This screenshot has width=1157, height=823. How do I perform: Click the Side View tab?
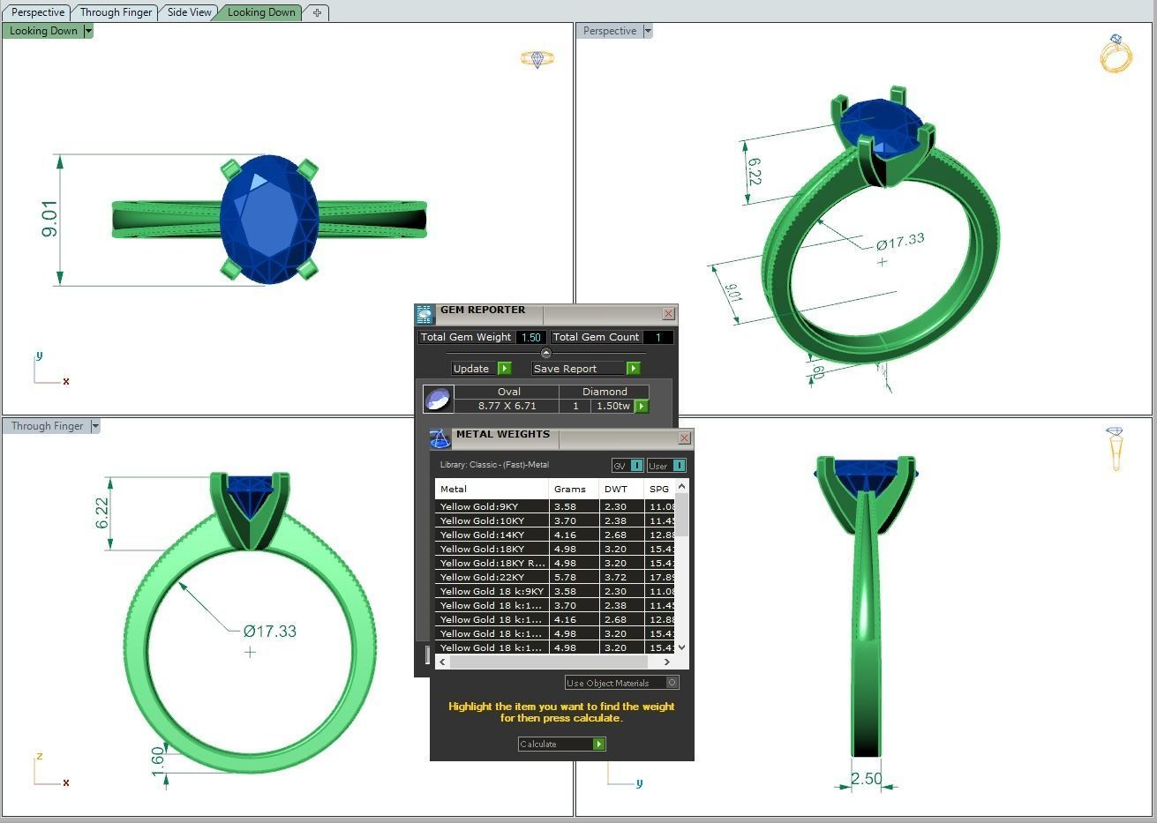[x=189, y=12]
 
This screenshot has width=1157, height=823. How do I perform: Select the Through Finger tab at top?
[x=116, y=12]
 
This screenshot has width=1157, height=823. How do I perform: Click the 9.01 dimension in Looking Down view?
[x=49, y=219]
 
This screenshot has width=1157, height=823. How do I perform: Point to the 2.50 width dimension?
[x=866, y=779]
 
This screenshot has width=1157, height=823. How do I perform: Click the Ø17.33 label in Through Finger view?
[x=270, y=631]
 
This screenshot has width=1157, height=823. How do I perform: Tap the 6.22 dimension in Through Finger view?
[x=102, y=513]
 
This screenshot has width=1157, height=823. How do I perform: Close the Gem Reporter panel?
[x=668, y=313]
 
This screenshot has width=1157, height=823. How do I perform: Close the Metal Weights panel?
[x=684, y=438]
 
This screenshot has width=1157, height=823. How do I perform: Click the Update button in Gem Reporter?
[x=481, y=369]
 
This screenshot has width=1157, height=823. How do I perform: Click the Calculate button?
[x=561, y=744]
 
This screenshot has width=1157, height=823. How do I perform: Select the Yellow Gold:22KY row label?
[x=482, y=577]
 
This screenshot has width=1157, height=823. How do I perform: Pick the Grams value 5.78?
[x=565, y=577]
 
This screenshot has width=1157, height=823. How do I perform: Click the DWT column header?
[x=616, y=489]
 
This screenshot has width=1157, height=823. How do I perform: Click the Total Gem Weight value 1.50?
[x=530, y=337]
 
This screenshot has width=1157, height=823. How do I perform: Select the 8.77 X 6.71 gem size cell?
[x=507, y=406]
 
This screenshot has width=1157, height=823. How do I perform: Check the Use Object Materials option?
[x=672, y=683]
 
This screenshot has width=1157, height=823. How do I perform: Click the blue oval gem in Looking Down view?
[x=268, y=220]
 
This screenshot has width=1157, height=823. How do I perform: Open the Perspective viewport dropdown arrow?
[x=648, y=31]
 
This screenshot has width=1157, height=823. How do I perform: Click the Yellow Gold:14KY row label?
[x=482, y=535]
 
